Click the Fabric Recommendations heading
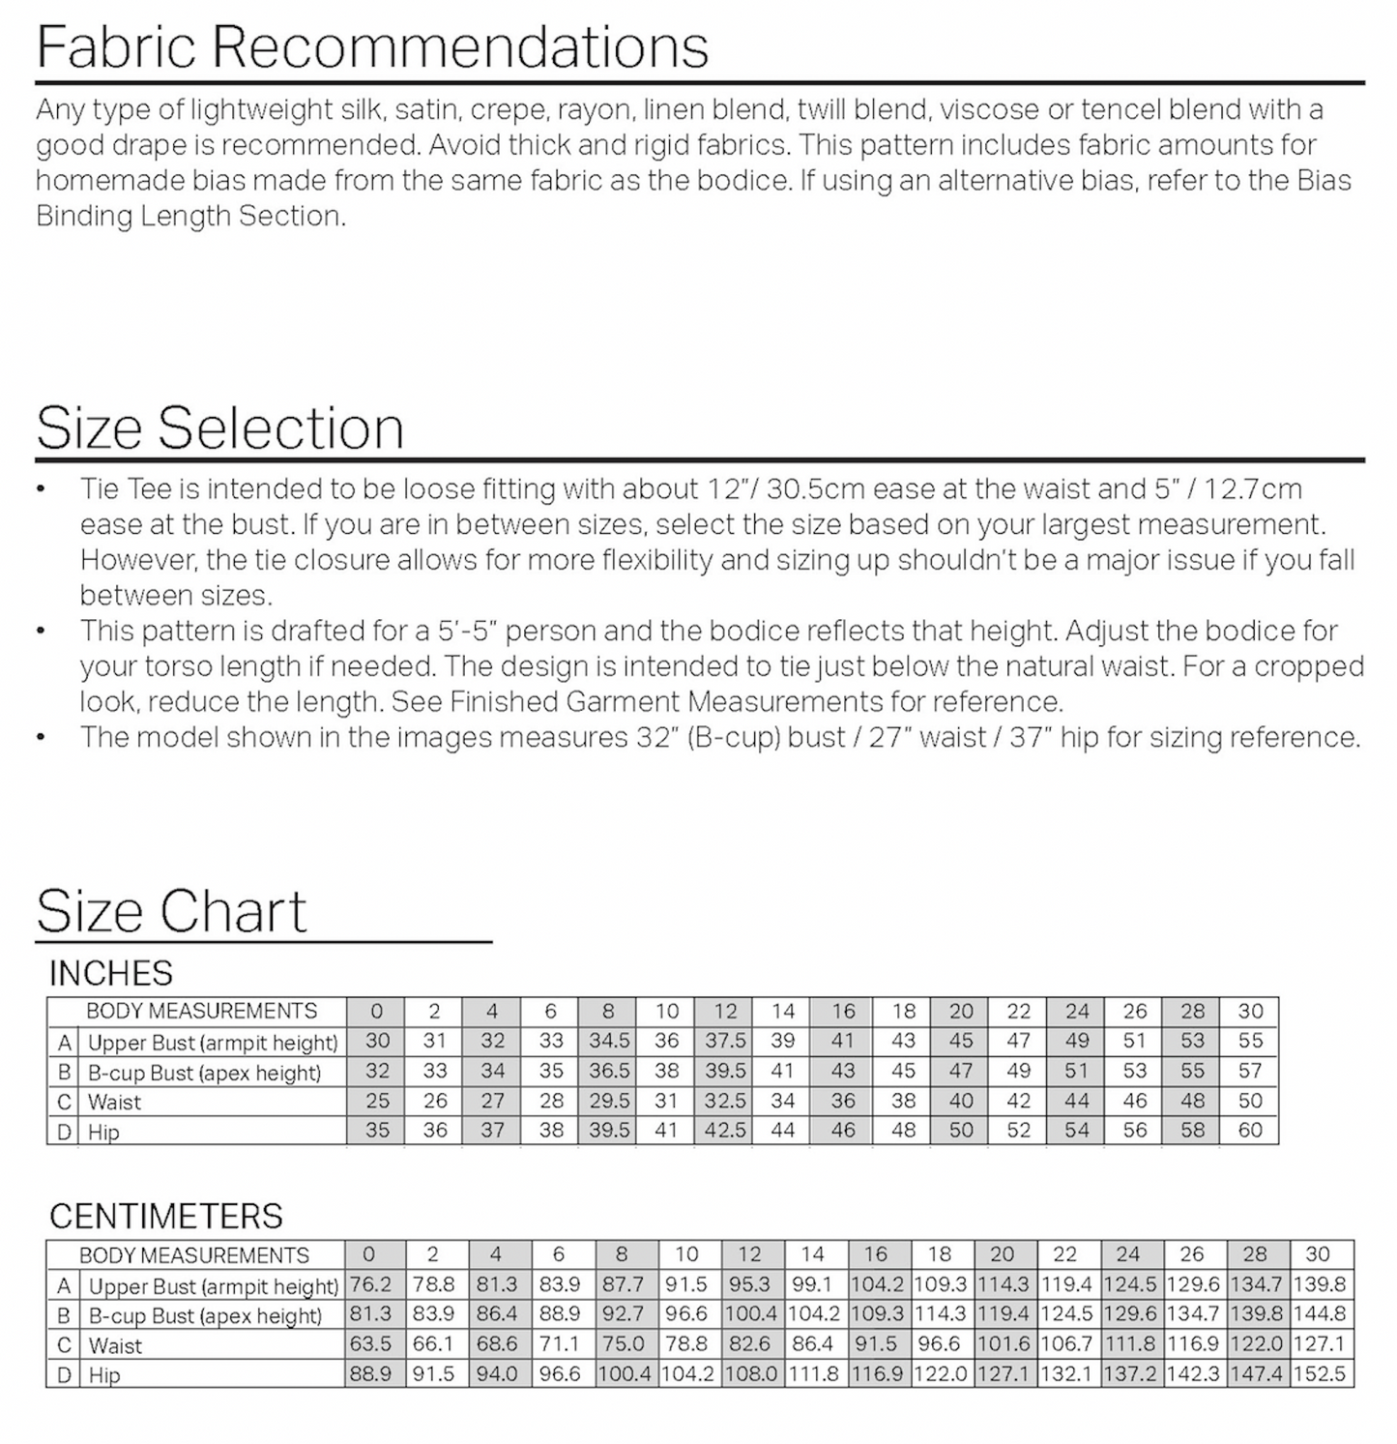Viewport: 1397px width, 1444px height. coord(372,45)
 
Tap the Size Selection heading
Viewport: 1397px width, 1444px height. coord(219,427)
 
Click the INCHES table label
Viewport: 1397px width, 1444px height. coord(110,973)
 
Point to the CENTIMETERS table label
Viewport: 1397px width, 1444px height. coord(165,1216)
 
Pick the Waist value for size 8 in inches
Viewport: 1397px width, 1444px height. coord(608,1101)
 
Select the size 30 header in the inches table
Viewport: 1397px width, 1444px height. coord(1250,1011)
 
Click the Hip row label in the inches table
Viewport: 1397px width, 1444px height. coord(103,1132)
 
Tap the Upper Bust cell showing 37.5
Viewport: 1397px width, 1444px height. coord(725,1041)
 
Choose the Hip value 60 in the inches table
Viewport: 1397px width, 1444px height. coord(1250,1130)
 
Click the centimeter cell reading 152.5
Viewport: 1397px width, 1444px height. coord(1319,1373)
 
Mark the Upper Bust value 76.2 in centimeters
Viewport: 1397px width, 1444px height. coord(369,1284)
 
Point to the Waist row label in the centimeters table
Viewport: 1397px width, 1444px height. coord(115,1345)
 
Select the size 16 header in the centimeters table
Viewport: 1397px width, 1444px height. coord(876,1254)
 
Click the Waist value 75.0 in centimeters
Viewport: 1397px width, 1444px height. coord(623,1343)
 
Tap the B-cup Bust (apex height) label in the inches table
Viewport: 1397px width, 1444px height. coord(204,1073)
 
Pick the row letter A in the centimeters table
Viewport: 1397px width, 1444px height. coord(64,1285)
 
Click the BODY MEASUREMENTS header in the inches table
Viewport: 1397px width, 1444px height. coord(201,1011)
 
